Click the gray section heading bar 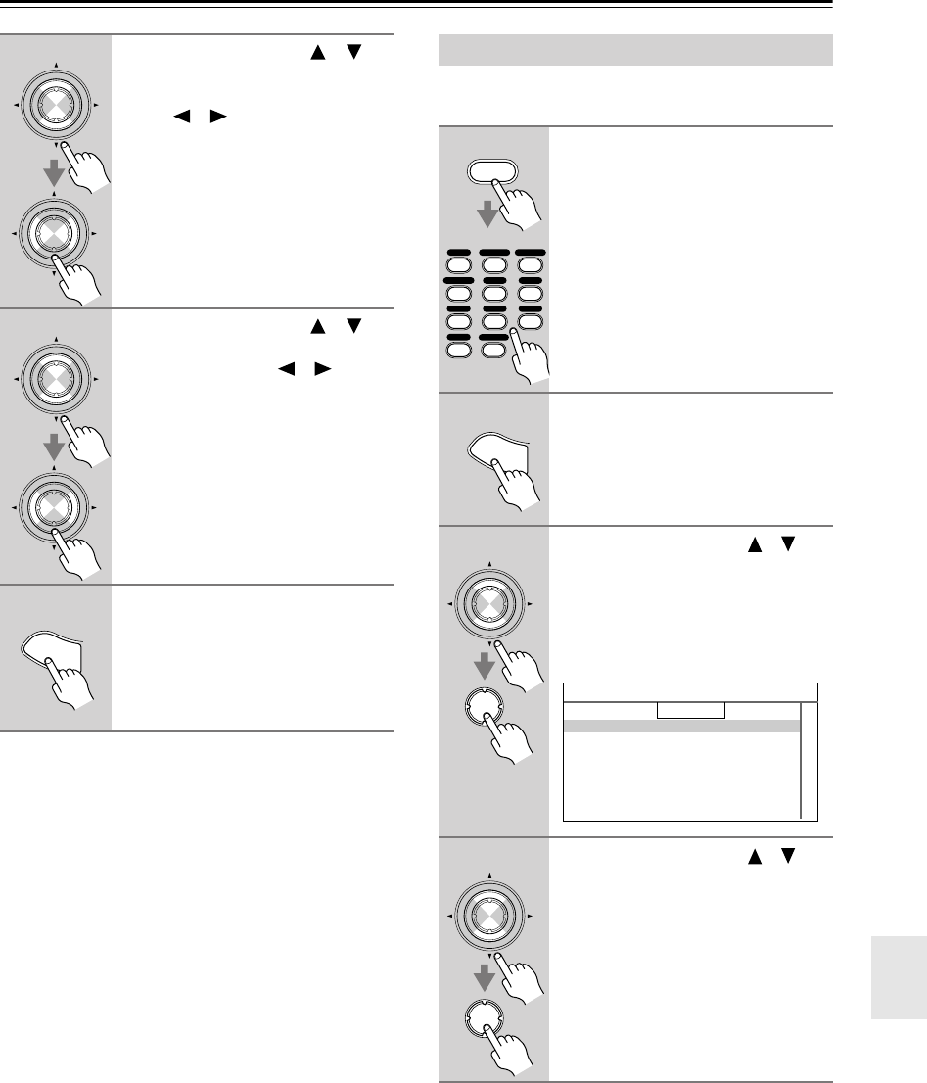632,49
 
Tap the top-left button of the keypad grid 459,264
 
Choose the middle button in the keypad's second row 494,293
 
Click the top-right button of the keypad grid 530,264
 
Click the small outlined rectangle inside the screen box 690,710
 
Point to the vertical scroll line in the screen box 801,760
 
